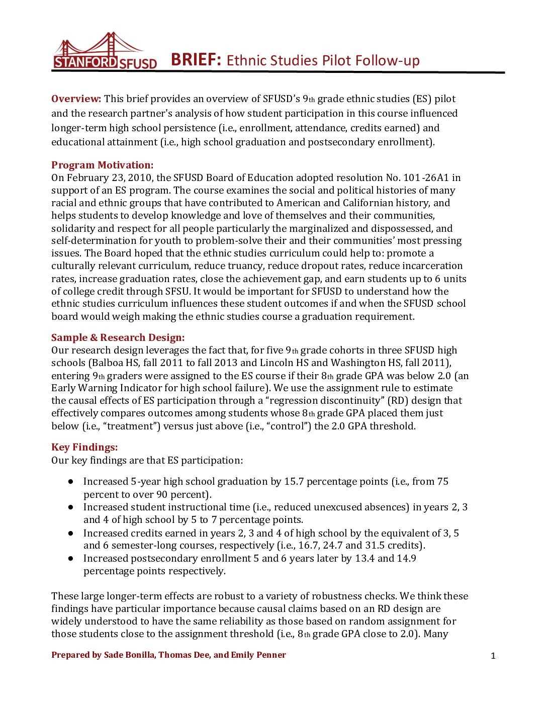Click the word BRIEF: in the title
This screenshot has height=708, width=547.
click(x=196, y=60)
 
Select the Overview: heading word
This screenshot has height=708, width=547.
click(x=76, y=99)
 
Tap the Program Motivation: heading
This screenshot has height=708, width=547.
click(x=102, y=165)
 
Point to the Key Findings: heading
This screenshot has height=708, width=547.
click(x=84, y=447)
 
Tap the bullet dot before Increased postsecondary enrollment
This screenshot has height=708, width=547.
click(x=71, y=558)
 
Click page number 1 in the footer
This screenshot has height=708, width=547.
click(x=493, y=655)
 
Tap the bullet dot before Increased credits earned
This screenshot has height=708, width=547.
click(x=71, y=533)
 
